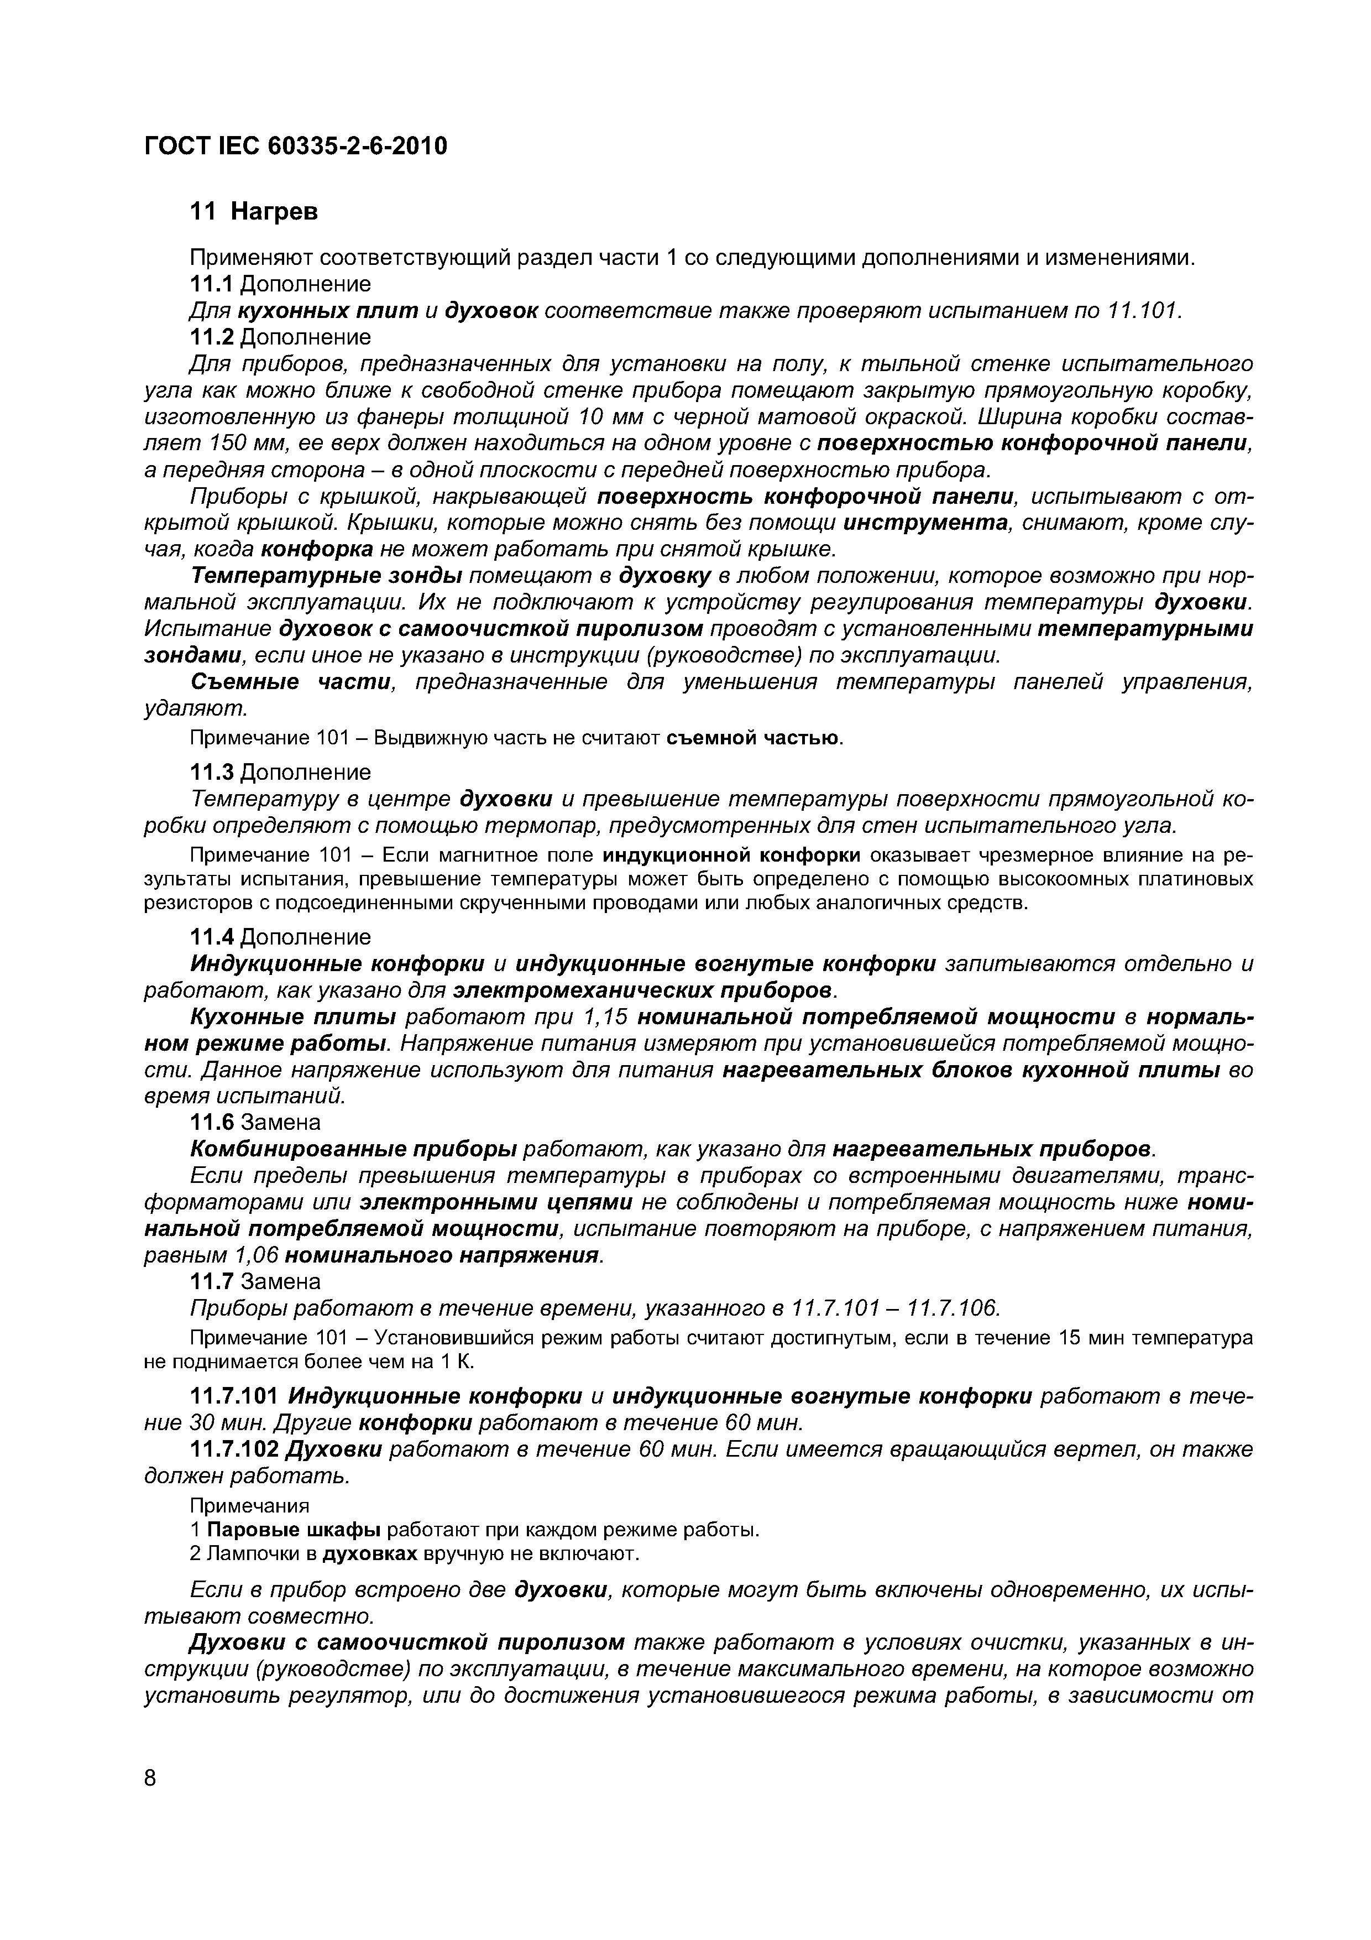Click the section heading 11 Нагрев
click(253, 211)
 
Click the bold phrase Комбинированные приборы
click(354, 1149)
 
